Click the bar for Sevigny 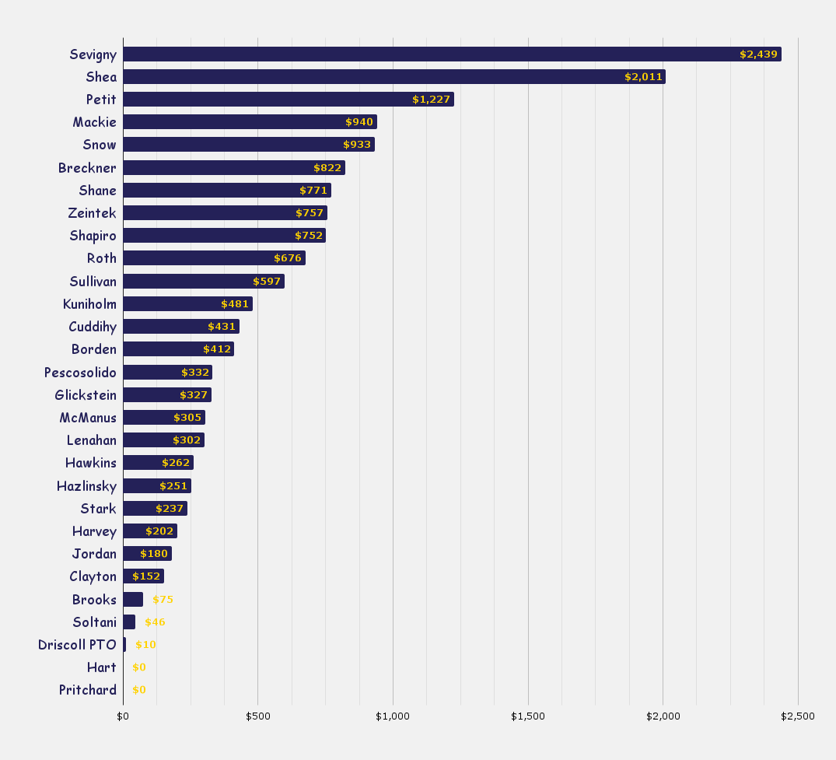click(x=451, y=54)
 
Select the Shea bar click(x=394, y=77)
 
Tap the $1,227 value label click(x=432, y=100)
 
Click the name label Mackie click(x=94, y=122)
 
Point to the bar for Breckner click(x=233, y=168)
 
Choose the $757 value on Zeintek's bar click(x=310, y=213)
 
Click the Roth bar click(x=214, y=258)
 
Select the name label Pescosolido click(x=80, y=373)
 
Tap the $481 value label click(x=235, y=304)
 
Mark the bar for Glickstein click(x=166, y=395)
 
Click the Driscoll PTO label click(x=77, y=645)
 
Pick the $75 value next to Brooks click(x=163, y=600)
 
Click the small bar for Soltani click(x=129, y=622)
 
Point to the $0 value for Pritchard click(x=139, y=690)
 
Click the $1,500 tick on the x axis click(x=528, y=716)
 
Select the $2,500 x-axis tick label click(x=798, y=716)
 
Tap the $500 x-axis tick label click(x=257, y=716)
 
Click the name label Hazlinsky click(x=86, y=486)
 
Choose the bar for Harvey click(x=149, y=531)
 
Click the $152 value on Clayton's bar click(x=146, y=576)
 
